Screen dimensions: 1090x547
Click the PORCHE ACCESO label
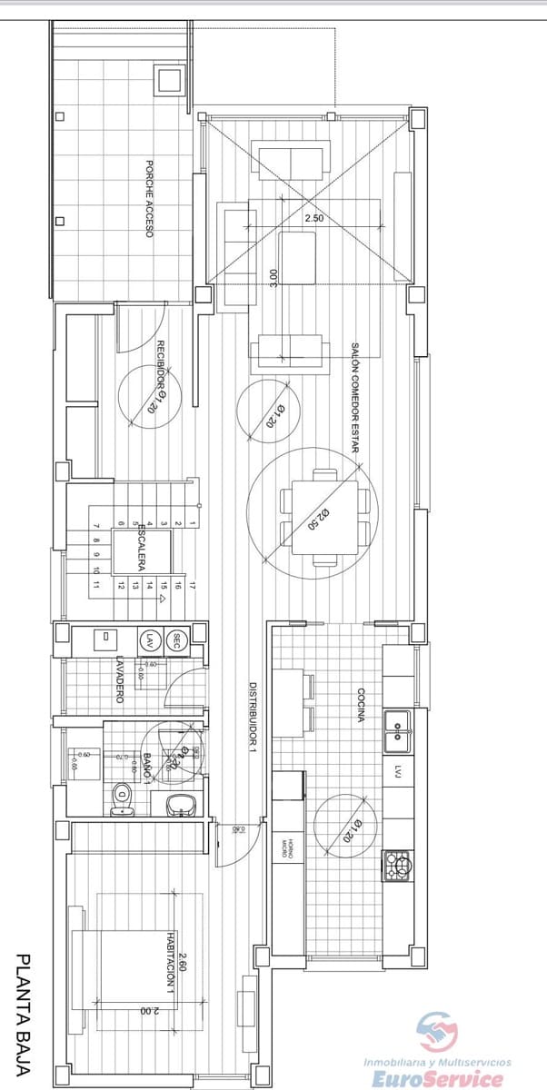[149, 199]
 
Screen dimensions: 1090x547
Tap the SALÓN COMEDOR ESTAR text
[355, 398]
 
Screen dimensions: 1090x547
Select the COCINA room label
[361, 706]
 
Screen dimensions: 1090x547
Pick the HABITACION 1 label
[170, 967]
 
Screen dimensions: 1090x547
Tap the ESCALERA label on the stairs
[142, 546]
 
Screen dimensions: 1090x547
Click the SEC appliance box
[177, 639]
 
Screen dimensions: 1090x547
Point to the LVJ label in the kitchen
[398, 771]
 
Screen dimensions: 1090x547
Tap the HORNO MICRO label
[288, 847]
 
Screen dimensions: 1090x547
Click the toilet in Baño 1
[123, 801]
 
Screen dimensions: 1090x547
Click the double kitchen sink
[397, 731]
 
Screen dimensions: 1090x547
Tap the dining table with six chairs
[325, 511]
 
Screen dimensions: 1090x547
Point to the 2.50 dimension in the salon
[313, 219]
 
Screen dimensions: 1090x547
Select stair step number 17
[193, 587]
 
